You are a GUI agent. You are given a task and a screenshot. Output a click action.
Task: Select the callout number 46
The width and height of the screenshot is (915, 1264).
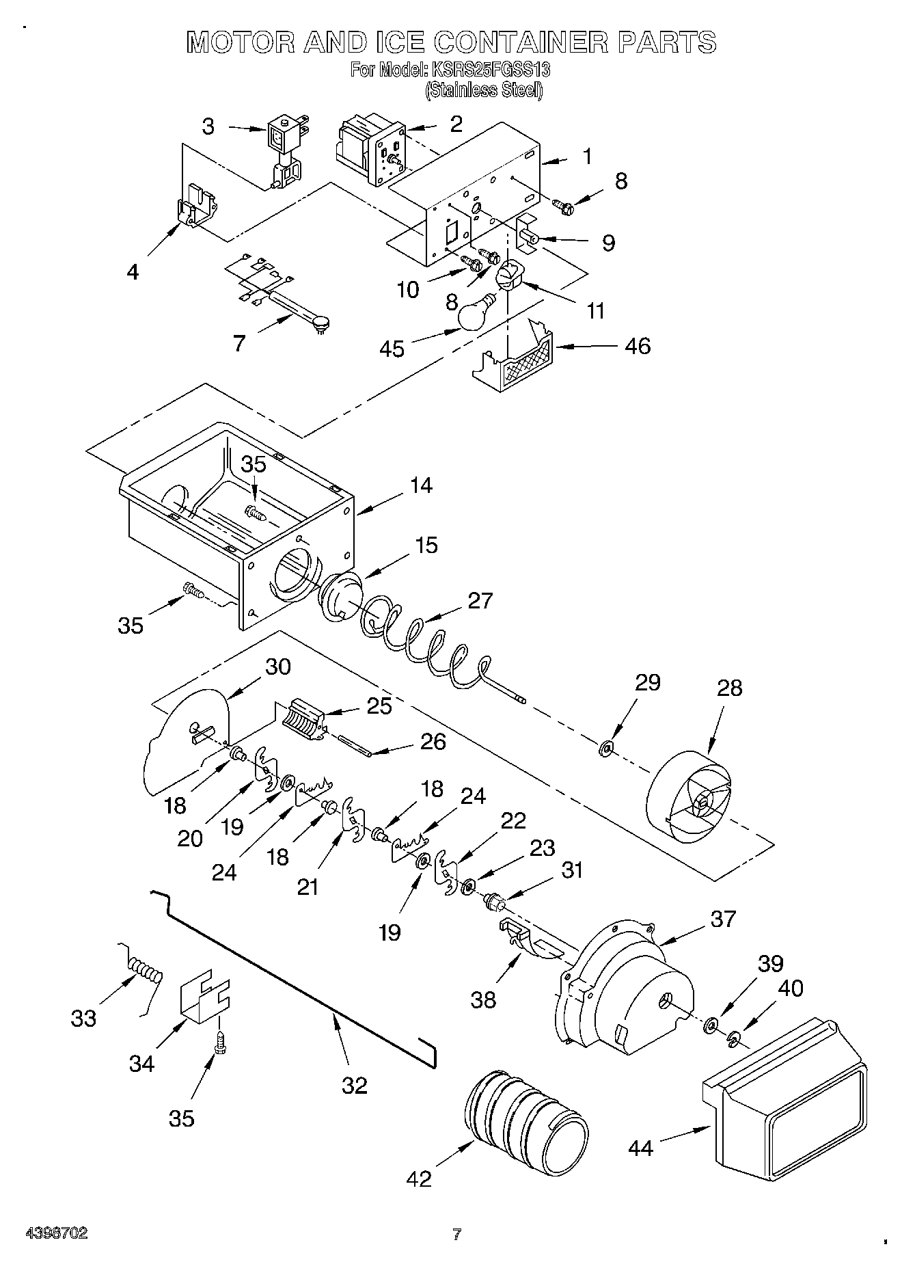[x=637, y=346]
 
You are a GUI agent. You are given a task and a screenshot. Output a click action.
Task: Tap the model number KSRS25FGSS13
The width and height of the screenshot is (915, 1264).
[x=490, y=70]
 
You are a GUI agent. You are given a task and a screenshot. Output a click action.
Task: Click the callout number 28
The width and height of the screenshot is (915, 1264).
[x=729, y=687]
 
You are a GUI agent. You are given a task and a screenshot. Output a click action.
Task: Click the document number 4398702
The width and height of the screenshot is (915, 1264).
[x=57, y=1233]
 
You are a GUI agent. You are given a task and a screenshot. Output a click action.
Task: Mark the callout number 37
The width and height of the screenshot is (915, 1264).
[x=723, y=919]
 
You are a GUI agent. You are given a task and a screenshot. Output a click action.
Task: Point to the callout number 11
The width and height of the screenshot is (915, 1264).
[x=595, y=311]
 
